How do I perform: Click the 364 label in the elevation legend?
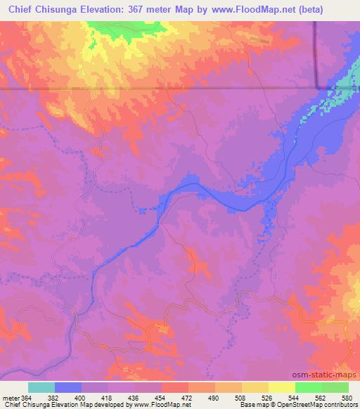pyautogui.click(x=27, y=397)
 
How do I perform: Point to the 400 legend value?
pyautogui.click(x=83, y=397)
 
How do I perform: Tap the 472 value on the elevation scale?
pyautogui.click(x=188, y=397)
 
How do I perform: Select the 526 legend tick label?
pyautogui.click(x=268, y=397)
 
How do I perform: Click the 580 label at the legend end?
pyautogui.click(x=347, y=397)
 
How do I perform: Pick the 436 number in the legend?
pyautogui.click(x=136, y=397)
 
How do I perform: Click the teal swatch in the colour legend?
pyautogui.click(x=41, y=387)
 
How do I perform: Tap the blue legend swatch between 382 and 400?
pyautogui.click(x=68, y=387)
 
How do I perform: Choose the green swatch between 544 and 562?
pyautogui.click(x=309, y=387)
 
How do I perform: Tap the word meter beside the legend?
pyautogui.click(x=10, y=397)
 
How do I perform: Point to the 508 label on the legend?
pyautogui.click(x=241, y=397)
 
